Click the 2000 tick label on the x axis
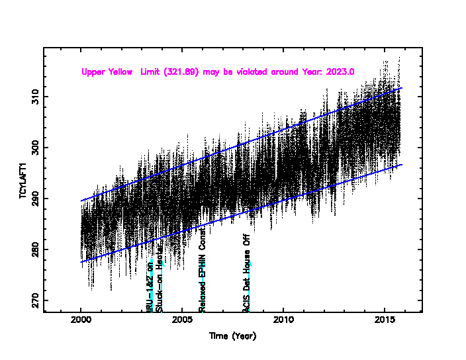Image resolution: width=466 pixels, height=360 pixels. pyautogui.click(x=81, y=321)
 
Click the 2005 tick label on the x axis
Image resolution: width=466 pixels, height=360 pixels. pyautogui.click(x=182, y=321)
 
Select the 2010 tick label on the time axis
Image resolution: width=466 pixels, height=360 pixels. pyautogui.click(x=283, y=321)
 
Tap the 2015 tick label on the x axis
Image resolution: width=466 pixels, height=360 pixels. pyautogui.click(x=385, y=321)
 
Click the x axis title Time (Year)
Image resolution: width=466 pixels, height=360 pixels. pyautogui.click(x=232, y=336)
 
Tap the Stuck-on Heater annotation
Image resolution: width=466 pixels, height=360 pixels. pyautogui.click(x=160, y=286)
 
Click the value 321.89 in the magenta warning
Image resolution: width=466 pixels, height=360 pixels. pyautogui.click(x=175, y=71)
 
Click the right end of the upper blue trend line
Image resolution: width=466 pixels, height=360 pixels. pyautogui.click(x=402, y=87)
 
